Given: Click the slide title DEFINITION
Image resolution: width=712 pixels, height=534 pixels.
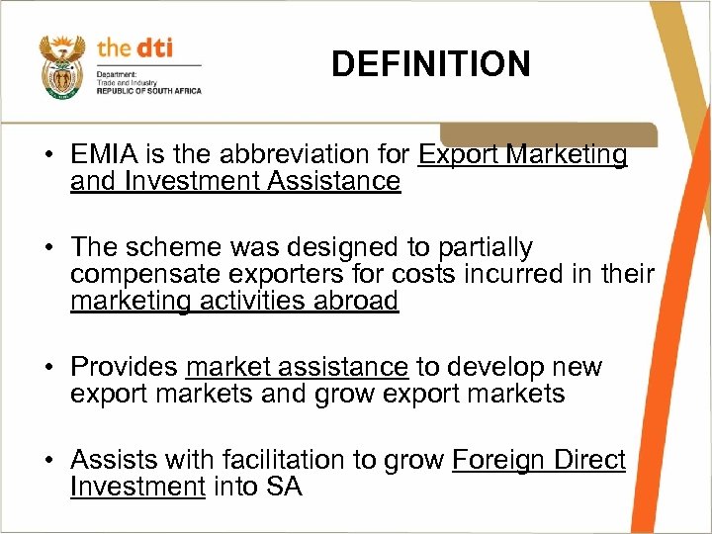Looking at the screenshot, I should (430, 65).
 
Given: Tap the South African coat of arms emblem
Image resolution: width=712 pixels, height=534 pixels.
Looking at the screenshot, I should (61, 66).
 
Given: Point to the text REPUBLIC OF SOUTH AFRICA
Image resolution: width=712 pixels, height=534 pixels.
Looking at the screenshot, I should (148, 91).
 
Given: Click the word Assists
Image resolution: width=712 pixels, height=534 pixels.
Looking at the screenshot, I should (116, 460).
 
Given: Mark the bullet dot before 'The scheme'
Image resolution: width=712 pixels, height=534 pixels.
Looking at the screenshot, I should (47, 248).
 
